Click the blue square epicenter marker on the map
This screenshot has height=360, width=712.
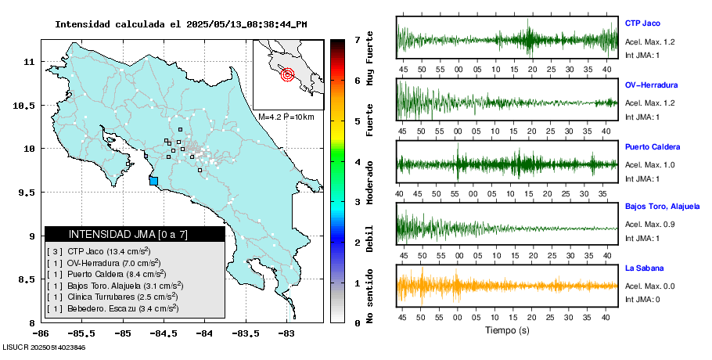[153, 182]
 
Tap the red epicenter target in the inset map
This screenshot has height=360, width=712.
[287, 75]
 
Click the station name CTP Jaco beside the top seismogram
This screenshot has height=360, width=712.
[643, 23]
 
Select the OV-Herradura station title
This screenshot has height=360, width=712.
[651, 85]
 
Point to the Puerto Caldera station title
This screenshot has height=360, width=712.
[653, 147]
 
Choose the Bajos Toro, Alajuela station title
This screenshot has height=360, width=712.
[662, 207]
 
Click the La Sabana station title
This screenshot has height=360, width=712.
[642, 268]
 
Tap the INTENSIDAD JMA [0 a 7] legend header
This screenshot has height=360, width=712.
[135, 234]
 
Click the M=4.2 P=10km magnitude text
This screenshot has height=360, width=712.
[286, 117]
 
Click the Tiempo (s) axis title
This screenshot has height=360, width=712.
[507, 330]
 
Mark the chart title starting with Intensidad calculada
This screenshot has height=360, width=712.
[181, 24]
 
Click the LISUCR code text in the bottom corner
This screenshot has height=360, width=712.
[43, 347]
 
